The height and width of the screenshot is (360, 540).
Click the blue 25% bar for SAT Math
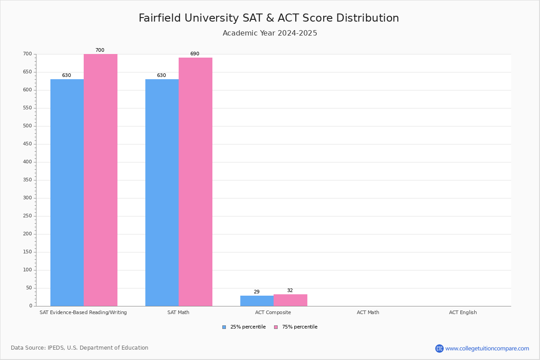[162, 193]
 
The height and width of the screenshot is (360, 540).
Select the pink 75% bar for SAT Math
[195, 182]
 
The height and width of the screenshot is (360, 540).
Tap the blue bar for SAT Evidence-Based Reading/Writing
[67, 193]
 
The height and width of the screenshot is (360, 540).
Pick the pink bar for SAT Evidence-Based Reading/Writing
[100, 180]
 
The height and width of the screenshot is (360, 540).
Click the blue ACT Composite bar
[257, 301]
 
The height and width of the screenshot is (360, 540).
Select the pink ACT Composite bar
[290, 300]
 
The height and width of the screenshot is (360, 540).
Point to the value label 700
[99, 50]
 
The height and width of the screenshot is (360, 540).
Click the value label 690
[194, 54]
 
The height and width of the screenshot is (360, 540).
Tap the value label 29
[256, 292]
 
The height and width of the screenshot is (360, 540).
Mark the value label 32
[290, 291]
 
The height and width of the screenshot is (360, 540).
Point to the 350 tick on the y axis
[27, 180]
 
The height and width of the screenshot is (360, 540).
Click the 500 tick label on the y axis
[27, 126]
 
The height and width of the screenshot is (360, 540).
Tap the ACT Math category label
[368, 313]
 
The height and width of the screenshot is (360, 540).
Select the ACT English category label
[463, 313]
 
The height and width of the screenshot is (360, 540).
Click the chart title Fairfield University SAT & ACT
[269, 18]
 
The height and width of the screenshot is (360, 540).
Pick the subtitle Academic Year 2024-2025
[270, 33]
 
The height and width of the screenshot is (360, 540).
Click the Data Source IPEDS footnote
[80, 348]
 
